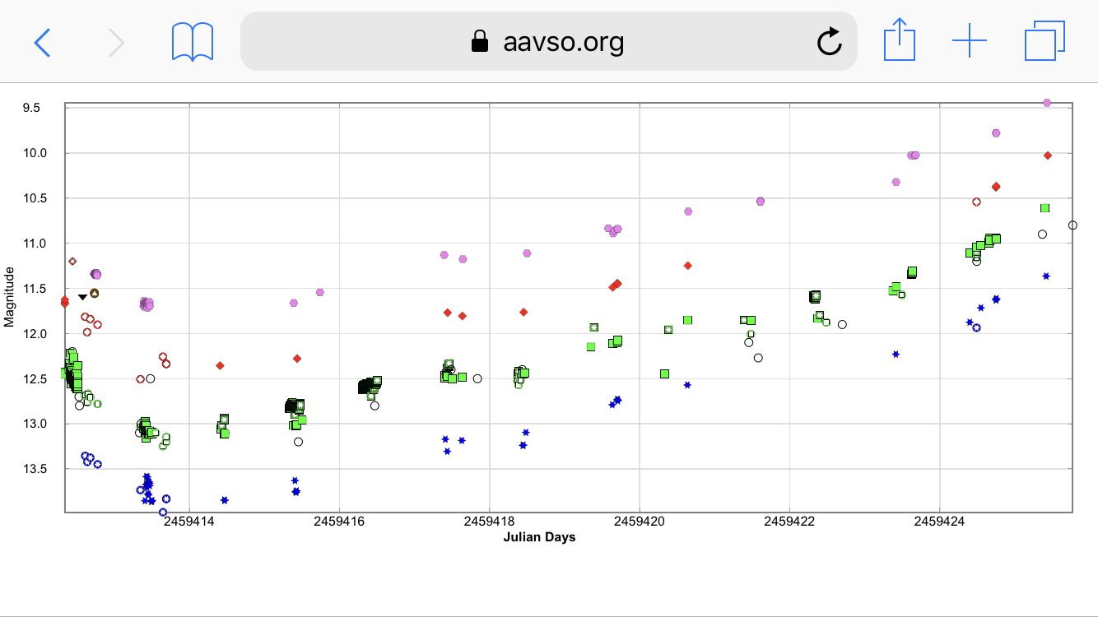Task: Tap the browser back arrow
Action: (x=42, y=41)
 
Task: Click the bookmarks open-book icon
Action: (x=193, y=41)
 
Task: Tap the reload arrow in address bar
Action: (x=829, y=41)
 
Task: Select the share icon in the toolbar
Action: (x=900, y=40)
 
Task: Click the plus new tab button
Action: (x=970, y=41)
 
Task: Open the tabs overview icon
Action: (x=1044, y=41)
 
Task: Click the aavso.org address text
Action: (x=563, y=41)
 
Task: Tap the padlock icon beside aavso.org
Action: (x=480, y=41)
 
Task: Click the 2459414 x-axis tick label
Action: (x=189, y=522)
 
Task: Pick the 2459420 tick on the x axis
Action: (x=640, y=522)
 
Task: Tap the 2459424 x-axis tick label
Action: (x=940, y=522)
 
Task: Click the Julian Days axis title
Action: (x=539, y=537)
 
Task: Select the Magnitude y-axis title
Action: (x=10, y=296)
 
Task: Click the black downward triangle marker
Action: (x=82, y=297)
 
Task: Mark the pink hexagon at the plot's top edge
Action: (x=1047, y=103)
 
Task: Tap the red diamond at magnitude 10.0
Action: (x=1048, y=155)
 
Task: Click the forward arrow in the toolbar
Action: (x=117, y=41)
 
